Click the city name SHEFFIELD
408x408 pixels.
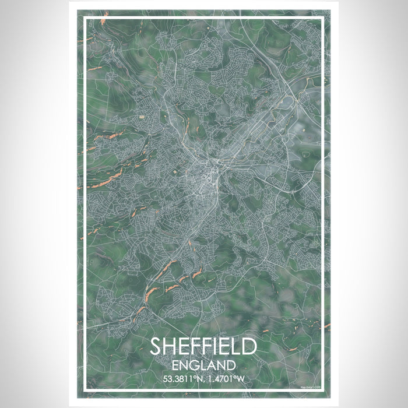tap(203, 347)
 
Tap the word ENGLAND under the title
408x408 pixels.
tap(203, 366)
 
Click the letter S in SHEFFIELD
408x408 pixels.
tap(157, 347)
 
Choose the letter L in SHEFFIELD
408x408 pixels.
tap(235, 347)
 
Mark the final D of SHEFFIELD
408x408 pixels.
tap(249, 347)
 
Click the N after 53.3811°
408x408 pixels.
tap(199, 381)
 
